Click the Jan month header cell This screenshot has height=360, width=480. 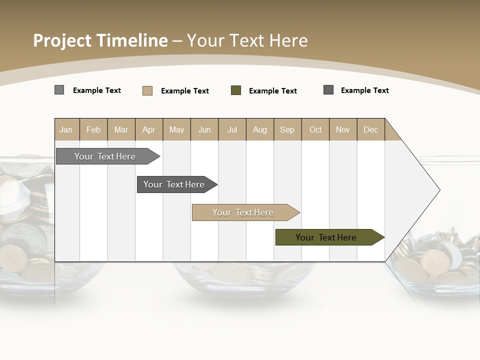click(66, 129)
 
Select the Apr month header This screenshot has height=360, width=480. click(149, 129)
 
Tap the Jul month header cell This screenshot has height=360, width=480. click(232, 129)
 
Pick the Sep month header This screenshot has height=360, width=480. click(287, 129)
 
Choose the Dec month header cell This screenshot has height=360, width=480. click(370, 129)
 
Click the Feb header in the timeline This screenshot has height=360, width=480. click(93, 129)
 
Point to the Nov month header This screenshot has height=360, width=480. click(343, 129)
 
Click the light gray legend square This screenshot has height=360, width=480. click(59, 90)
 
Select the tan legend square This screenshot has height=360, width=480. click(147, 90)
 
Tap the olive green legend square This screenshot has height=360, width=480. click(236, 90)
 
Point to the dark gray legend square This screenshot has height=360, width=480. click(328, 90)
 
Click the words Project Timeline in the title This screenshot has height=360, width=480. click(100, 40)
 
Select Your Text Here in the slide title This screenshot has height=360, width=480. click(247, 40)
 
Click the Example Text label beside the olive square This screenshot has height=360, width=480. click(273, 91)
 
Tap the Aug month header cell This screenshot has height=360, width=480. click(260, 129)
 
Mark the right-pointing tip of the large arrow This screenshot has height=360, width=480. click(439, 190)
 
